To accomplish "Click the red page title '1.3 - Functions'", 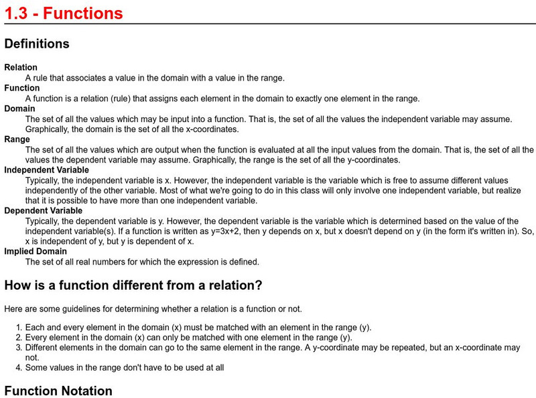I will coord(63,13).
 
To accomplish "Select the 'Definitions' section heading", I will coord(37,44).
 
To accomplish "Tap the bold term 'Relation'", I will coord(21,68).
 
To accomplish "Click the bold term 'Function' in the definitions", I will coord(22,88).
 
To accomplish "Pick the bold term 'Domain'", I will coord(20,109).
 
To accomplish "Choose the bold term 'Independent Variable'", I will coord(47,170).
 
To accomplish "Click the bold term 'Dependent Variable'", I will coord(44,211).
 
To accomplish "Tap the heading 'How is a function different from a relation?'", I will coord(133,285).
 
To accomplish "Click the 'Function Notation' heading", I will coord(58,391).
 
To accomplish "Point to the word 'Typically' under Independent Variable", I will coord(45,181).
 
